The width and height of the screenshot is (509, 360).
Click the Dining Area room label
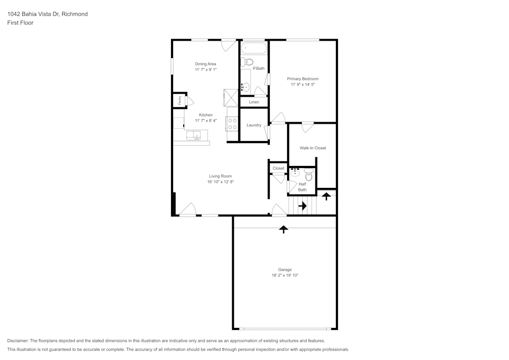click(x=206, y=64)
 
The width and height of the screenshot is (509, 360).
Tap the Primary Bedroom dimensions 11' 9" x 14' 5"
click(x=303, y=85)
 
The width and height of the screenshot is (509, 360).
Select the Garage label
click(x=285, y=269)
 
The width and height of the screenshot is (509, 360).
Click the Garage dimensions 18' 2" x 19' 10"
click(x=285, y=275)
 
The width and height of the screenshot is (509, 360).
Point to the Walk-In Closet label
click(x=313, y=148)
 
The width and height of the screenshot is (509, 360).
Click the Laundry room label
click(x=253, y=125)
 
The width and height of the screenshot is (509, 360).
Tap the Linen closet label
click(x=253, y=102)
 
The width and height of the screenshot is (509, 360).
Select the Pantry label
click(x=180, y=100)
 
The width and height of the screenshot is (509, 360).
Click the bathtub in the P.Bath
click(x=253, y=49)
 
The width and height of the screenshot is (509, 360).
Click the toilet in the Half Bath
click(x=308, y=176)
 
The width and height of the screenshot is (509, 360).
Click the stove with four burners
click(x=232, y=124)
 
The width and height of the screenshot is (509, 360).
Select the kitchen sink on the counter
click(x=193, y=135)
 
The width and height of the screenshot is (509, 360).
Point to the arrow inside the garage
click(x=284, y=229)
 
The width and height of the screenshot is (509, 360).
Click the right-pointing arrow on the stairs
click(x=302, y=206)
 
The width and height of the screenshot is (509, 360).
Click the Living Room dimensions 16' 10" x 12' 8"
click(x=220, y=182)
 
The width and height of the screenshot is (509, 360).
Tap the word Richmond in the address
click(x=75, y=14)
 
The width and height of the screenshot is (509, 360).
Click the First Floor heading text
click(x=20, y=23)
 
